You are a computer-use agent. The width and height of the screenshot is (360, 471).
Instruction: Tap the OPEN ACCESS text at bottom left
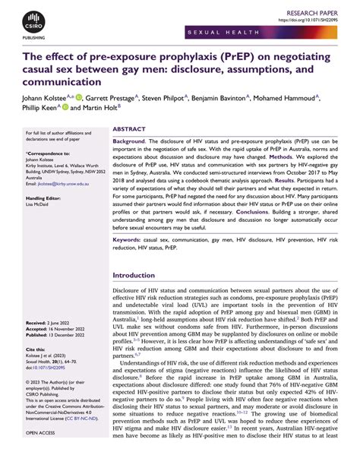click(x=42, y=454)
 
